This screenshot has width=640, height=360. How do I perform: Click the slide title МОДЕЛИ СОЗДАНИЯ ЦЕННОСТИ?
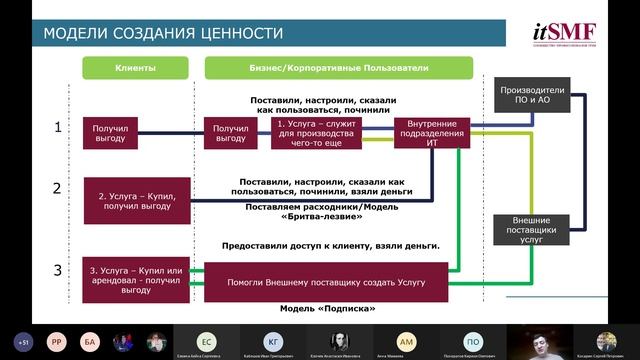tap(163, 34)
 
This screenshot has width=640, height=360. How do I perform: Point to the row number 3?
tap(57, 271)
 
